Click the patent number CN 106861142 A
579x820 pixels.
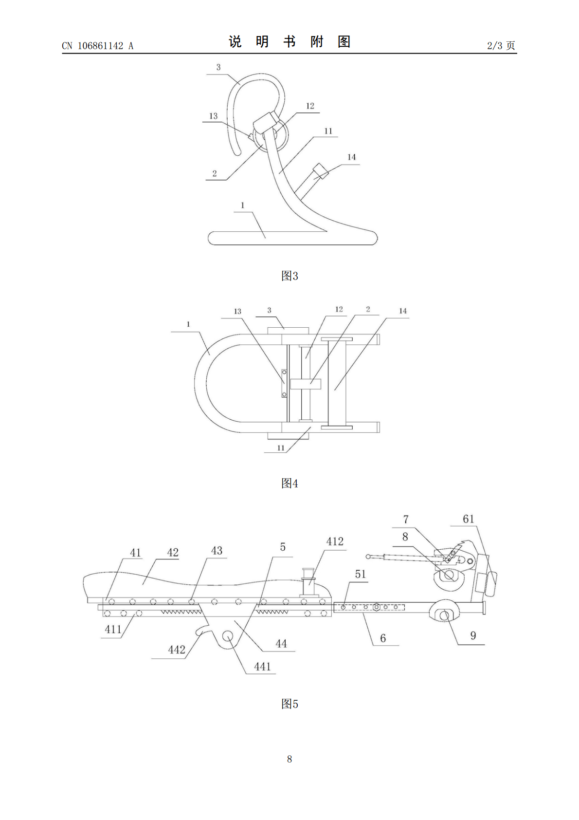(x=98, y=46)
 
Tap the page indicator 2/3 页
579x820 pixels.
(x=501, y=45)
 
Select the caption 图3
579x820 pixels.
(x=289, y=276)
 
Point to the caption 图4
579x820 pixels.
(x=289, y=483)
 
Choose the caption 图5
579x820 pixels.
(x=289, y=704)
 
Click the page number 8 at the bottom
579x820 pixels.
(x=289, y=759)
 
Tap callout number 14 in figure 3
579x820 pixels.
(x=351, y=157)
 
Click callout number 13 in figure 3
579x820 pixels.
(x=213, y=116)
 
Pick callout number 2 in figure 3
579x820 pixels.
(x=215, y=173)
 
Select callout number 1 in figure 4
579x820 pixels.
(x=188, y=324)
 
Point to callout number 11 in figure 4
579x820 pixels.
(x=281, y=447)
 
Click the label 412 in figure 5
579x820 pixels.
(x=335, y=541)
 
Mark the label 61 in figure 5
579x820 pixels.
(x=468, y=519)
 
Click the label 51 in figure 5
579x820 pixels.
(x=360, y=574)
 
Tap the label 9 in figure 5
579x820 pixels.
(x=473, y=635)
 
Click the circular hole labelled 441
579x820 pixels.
(x=228, y=635)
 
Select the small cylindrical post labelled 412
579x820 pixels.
(x=308, y=582)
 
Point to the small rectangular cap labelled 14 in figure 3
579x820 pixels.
(x=319, y=171)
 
